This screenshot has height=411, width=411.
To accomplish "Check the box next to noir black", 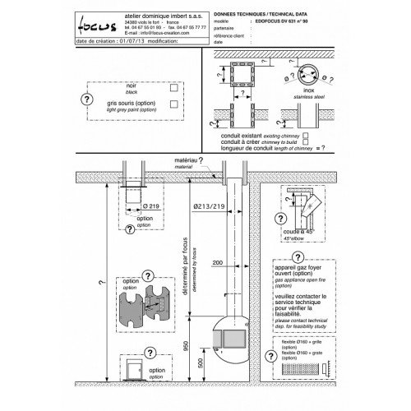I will click(x=170, y=86).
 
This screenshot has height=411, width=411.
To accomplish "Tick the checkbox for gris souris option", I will click(x=170, y=104).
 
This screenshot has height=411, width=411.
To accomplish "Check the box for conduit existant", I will click(x=306, y=133).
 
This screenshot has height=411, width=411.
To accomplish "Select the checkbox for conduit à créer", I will click(x=306, y=141).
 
